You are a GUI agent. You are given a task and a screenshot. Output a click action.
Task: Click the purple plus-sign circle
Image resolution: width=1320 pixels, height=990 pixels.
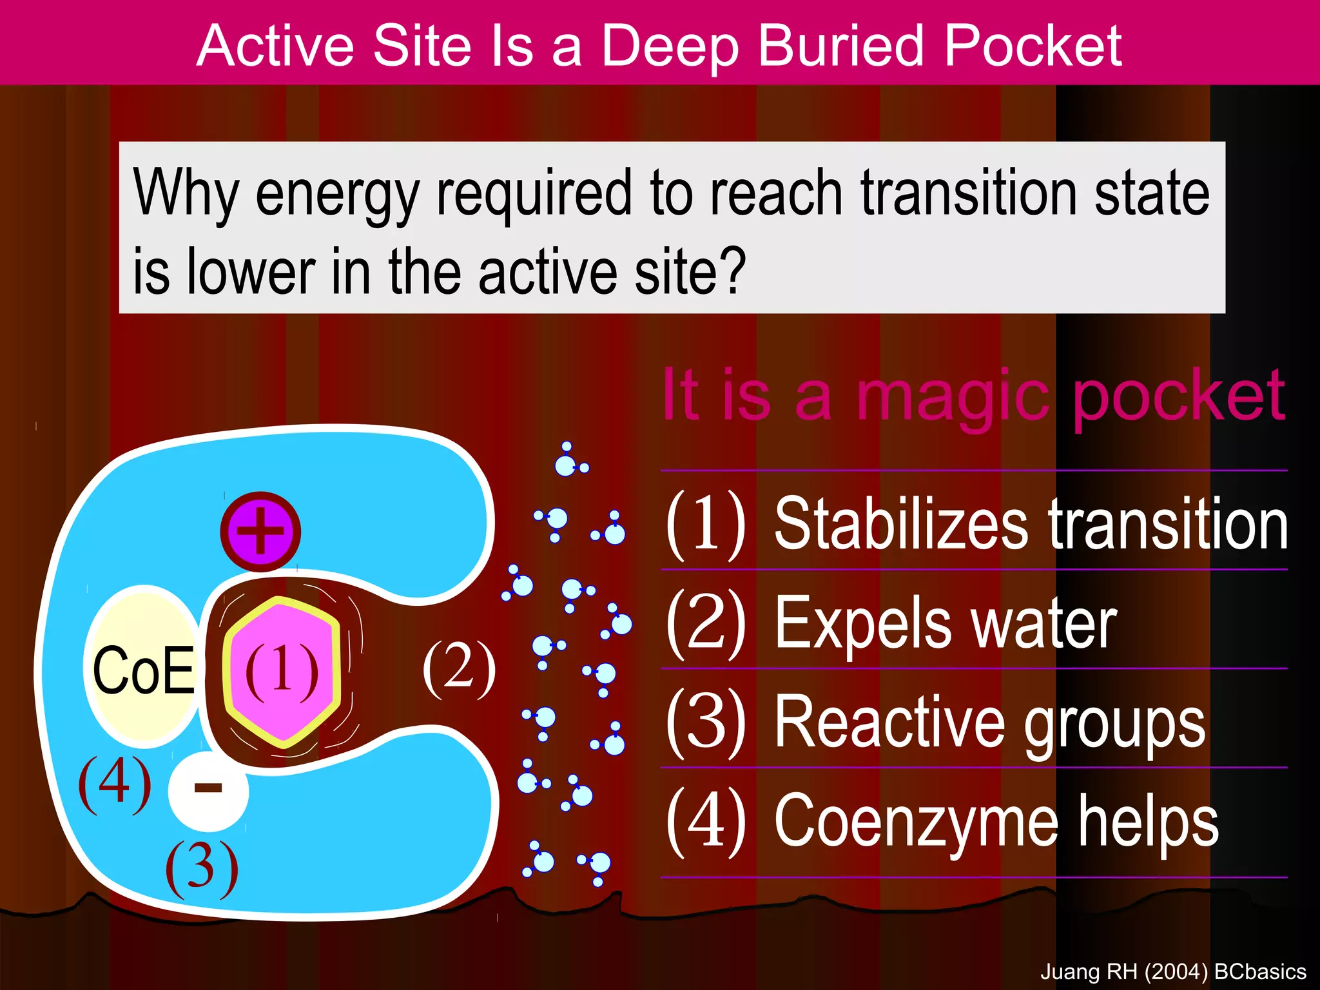[260, 532]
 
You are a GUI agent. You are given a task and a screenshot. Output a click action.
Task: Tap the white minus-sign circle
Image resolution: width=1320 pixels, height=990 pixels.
[208, 790]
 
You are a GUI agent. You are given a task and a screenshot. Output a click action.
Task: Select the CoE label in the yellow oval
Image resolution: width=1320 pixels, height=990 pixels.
[143, 670]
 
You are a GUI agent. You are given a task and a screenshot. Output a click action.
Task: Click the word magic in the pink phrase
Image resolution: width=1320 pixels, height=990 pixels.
[953, 396]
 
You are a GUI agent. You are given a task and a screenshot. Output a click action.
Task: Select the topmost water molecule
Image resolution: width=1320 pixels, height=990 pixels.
[567, 460]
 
